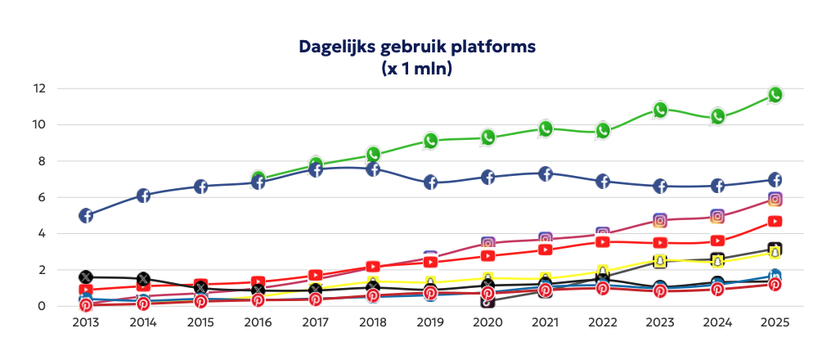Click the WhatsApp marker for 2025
point(775,95)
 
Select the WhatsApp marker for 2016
point(258,178)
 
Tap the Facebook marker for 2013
point(86,215)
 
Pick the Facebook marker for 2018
point(373,169)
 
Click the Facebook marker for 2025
point(775,180)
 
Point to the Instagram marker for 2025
point(775,199)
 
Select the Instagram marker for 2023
point(660,220)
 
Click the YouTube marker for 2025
point(775,221)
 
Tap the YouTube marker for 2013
point(86,290)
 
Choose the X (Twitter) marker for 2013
point(86,277)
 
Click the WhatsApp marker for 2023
point(660,110)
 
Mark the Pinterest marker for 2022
point(603,288)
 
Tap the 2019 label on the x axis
point(430,323)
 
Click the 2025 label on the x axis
point(775,323)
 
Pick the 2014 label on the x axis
point(143,323)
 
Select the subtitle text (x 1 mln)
point(417,68)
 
